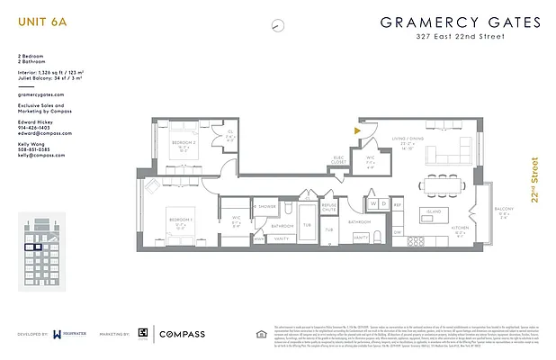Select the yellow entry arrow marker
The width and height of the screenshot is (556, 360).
357,131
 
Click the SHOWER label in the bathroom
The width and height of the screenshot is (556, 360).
268,206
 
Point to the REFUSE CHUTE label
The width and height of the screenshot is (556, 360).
330,208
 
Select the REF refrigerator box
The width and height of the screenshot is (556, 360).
397,204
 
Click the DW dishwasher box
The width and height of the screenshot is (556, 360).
397,232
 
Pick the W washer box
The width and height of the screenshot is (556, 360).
372,204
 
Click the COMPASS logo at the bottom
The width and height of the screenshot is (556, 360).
182,334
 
